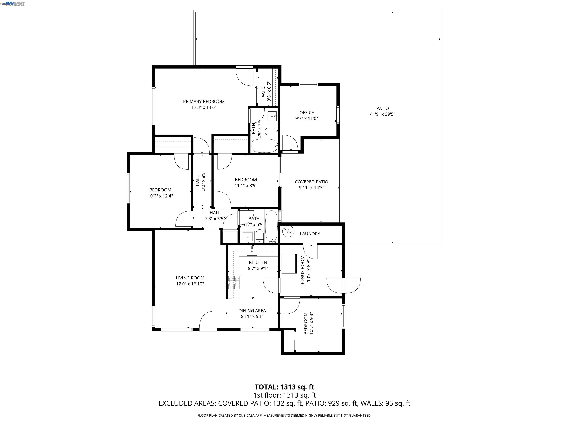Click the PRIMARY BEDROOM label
(x=204, y=101)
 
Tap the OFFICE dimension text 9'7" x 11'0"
(x=306, y=119)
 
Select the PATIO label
(x=382, y=108)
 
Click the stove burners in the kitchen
(x=234, y=283)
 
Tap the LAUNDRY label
(x=310, y=234)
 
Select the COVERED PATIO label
(x=311, y=182)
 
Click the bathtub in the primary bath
(x=264, y=146)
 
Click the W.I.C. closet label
(x=263, y=91)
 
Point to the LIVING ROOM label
(x=190, y=278)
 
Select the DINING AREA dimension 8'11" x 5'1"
(x=252, y=317)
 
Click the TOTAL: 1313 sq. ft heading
(x=284, y=387)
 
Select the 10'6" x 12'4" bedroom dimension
(x=160, y=196)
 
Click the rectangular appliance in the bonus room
(x=289, y=264)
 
